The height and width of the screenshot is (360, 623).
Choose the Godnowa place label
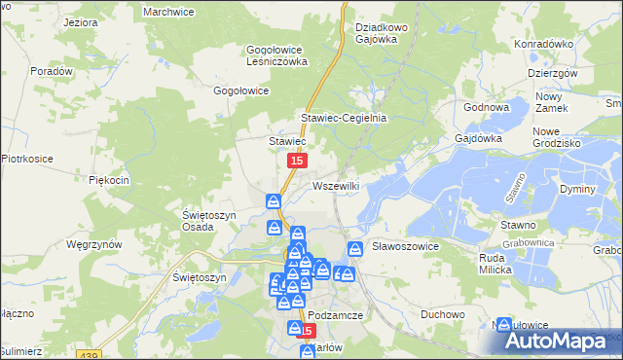tap(488, 108)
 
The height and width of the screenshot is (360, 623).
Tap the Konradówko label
tap(543, 44)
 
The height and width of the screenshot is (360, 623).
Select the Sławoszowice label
tap(407, 247)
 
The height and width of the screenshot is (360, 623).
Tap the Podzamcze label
tap(336, 316)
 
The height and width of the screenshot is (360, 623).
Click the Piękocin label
tap(109, 180)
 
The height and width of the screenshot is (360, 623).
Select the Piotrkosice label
tap(26, 158)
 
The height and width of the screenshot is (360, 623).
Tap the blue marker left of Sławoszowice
tap(355, 249)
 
